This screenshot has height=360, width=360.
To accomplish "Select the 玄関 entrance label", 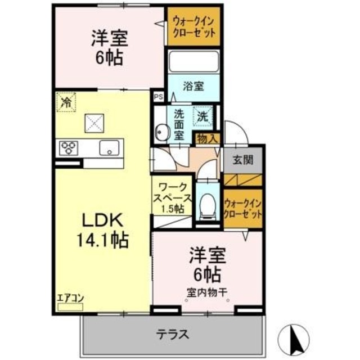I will (x=243, y=159).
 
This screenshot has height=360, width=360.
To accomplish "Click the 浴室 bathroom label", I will (x=193, y=87).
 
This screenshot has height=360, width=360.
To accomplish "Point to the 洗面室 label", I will (x=179, y=124).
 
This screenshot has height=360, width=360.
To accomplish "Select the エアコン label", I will (x=70, y=299).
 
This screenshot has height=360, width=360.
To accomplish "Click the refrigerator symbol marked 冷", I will (x=66, y=103).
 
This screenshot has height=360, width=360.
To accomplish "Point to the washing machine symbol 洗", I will (x=203, y=116).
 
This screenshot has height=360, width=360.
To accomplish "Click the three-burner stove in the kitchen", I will (x=69, y=148).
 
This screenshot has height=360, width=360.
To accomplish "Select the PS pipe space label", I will (x=158, y=96).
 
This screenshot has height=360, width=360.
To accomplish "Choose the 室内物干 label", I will (x=208, y=292).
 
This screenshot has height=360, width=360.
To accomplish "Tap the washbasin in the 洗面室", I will (x=163, y=132).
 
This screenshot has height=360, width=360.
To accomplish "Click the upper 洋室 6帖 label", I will (x=110, y=48).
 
